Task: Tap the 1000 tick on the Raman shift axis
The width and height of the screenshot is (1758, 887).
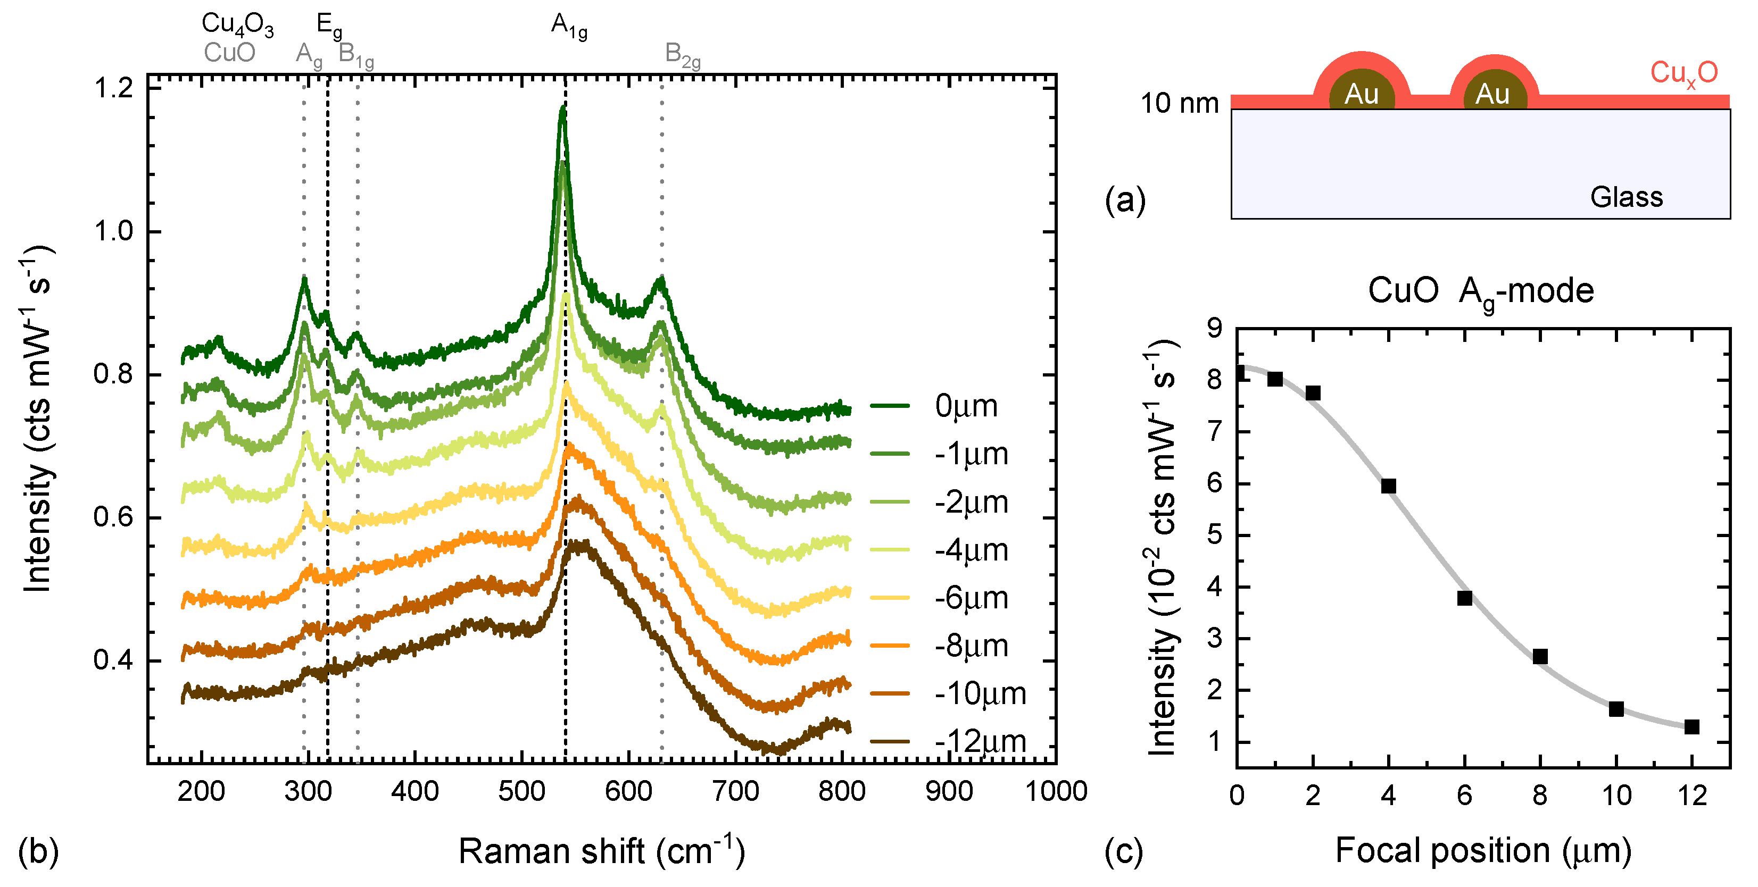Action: tap(1056, 791)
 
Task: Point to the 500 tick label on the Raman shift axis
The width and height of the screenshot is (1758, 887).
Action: tap(521, 791)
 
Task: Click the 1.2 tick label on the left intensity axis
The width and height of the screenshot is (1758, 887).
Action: tap(113, 88)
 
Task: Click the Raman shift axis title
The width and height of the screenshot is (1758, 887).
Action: tap(601, 851)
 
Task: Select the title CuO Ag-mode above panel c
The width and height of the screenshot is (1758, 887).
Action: tap(1480, 292)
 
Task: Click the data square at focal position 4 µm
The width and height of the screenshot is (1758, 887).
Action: tap(1388, 486)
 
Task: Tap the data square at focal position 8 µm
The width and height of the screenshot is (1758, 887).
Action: tap(1540, 656)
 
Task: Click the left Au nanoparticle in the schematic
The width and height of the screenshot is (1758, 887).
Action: tap(1361, 93)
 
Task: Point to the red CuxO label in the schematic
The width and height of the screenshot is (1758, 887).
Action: tap(1683, 73)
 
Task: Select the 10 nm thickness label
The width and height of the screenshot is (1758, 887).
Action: tap(1179, 104)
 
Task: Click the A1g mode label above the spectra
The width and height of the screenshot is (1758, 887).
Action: tap(568, 26)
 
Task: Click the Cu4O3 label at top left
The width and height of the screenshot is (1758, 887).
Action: tap(237, 24)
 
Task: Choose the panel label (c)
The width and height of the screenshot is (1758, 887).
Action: tap(1123, 851)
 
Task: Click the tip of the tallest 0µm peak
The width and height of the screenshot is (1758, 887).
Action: tap(562, 106)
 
